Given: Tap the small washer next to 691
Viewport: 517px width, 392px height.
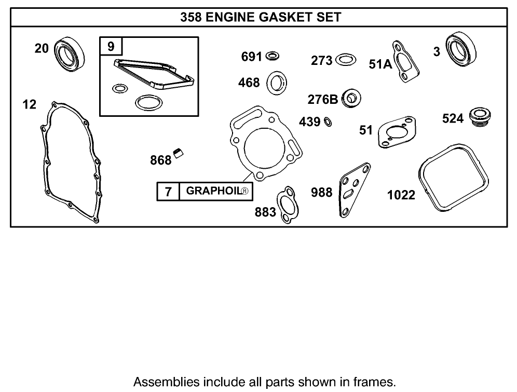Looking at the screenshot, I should click(x=272, y=56).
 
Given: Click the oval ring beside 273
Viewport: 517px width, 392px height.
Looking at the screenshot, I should click(x=346, y=60).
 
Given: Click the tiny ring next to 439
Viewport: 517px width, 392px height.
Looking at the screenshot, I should click(x=328, y=122).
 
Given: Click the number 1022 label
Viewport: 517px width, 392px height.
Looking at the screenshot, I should click(x=401, y=195).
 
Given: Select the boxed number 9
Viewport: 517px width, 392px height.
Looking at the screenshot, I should click(x=111, y=46).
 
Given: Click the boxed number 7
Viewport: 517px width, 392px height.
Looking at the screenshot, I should click(x=168, y=192).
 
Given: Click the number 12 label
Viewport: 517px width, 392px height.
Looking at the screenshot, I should click(x=30, y=105).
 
